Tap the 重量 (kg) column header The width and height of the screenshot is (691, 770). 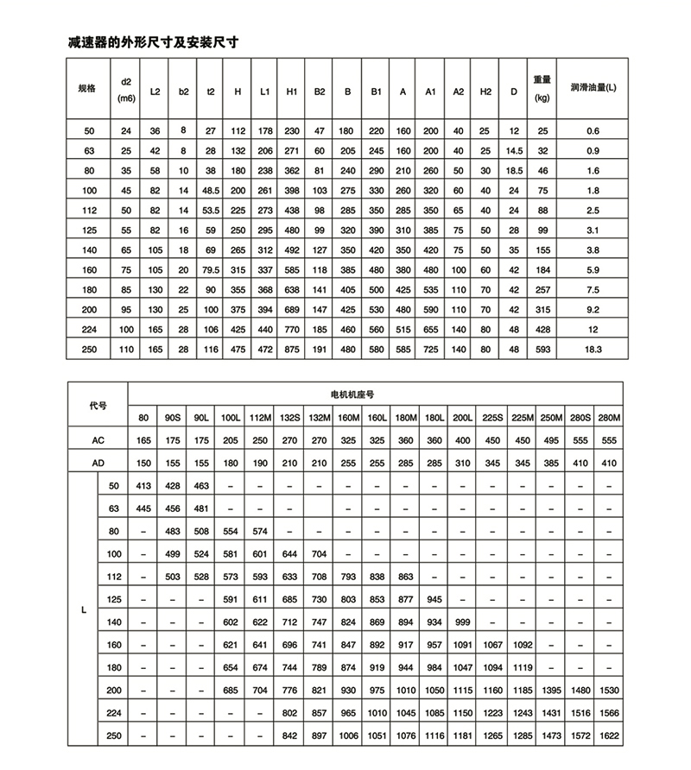coord(542,88)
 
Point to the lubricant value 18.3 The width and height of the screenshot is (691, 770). coord(593,349)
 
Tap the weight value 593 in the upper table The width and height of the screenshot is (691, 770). coord(542,349)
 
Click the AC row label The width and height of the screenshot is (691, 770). coord(98,440)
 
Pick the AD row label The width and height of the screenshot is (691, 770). coord(98,463)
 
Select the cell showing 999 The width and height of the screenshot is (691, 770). coord(463,622)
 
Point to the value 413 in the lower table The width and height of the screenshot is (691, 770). coord(144,486)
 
